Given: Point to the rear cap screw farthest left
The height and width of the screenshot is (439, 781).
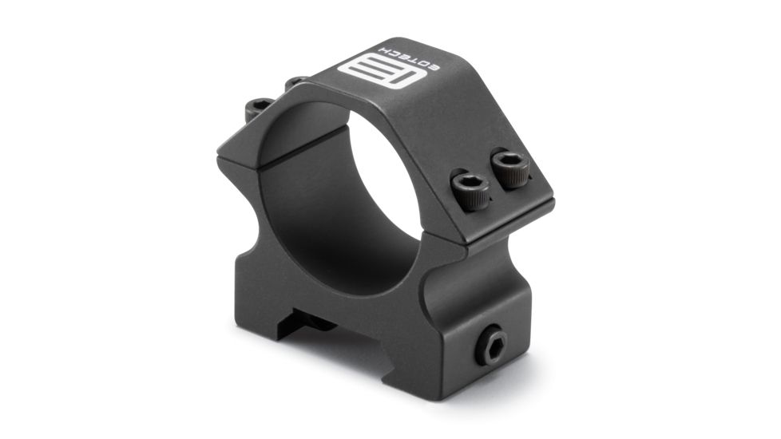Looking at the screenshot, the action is click(x=257, y=108).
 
